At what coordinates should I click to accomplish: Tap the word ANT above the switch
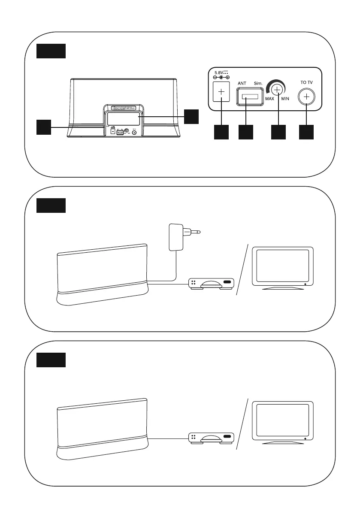(242, 85)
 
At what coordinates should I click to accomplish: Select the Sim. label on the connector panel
(258, 85)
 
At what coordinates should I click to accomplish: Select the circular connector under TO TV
(306, 97)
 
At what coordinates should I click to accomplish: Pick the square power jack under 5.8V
(221, 92)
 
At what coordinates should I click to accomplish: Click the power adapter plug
(178, 236)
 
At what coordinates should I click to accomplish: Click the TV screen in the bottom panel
(282, 420)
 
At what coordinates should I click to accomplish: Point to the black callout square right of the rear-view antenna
(192, 116)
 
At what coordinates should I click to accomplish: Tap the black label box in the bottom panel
(51, 360)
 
